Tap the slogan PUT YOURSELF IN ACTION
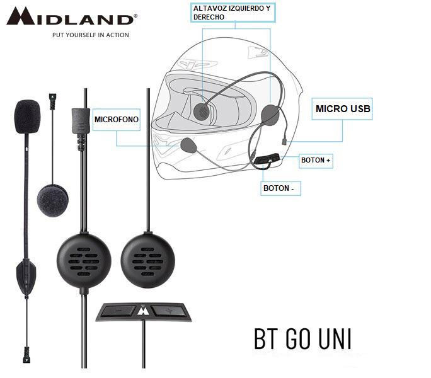coord(90,35)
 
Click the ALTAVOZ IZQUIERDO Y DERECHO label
coord(231,13)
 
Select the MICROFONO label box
coord(117,119)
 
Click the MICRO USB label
coord(343,109)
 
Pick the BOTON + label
coord(316,161)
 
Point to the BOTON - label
coord(280,188)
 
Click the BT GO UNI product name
coord(302,338)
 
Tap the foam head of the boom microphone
coord(28,116)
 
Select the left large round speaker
coord(84,259)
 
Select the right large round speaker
coord(149,259)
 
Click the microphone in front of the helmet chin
coord(188,146)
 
